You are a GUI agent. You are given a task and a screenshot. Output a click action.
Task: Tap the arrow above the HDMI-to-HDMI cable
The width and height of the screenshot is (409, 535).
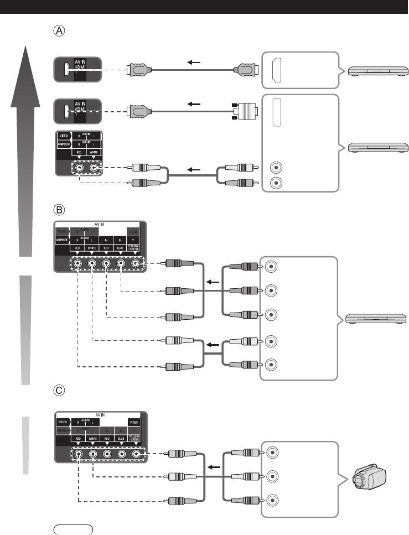click(x=193, y=63)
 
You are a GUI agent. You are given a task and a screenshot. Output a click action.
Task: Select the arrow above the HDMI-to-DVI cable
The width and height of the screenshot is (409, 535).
click(x=193, y=103)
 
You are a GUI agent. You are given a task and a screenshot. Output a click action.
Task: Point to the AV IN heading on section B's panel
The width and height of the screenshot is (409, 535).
click(x=100, y=225)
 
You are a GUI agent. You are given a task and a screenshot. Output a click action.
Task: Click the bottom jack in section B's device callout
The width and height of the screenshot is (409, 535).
click(x=271, y=365)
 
